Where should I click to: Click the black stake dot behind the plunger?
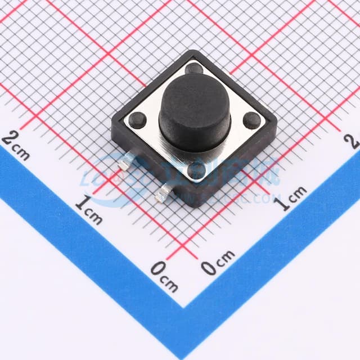coord(194,69)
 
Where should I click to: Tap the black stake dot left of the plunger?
coord(137,119)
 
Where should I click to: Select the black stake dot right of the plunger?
coord(252,120)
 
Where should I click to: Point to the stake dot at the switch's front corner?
coord(196,169)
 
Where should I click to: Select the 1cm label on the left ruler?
coord(89,209)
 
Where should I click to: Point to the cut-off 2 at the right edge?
coord(354,141)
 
